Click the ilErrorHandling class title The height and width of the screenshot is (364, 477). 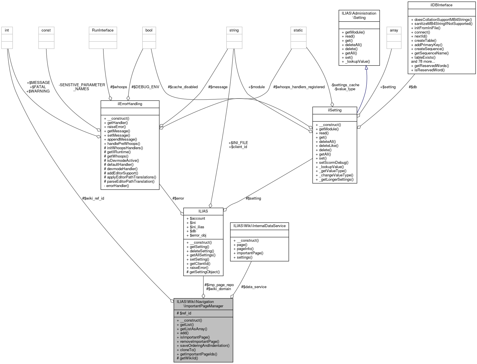[130, 104]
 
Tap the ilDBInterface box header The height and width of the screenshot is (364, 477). [441, 5]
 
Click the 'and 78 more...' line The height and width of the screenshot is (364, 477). [423, 61]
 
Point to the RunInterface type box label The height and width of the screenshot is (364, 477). [103, 30]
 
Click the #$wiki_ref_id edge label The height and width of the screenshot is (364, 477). [93, 198]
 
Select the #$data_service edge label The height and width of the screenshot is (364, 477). [254, 287]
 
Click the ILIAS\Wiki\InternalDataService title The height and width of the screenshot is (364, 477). [259, 226]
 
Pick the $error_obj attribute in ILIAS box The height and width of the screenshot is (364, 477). [198, 235]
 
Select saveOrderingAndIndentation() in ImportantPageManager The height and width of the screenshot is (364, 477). [205, 345]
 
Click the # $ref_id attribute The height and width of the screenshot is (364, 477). [184, 313]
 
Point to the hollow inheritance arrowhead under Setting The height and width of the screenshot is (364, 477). [366, 68]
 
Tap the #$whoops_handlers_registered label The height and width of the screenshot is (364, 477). [299, 87]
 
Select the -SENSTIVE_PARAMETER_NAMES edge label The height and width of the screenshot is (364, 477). [82, 87]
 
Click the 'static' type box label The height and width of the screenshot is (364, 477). [298, 30]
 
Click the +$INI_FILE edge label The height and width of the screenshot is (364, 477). [238, 143]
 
